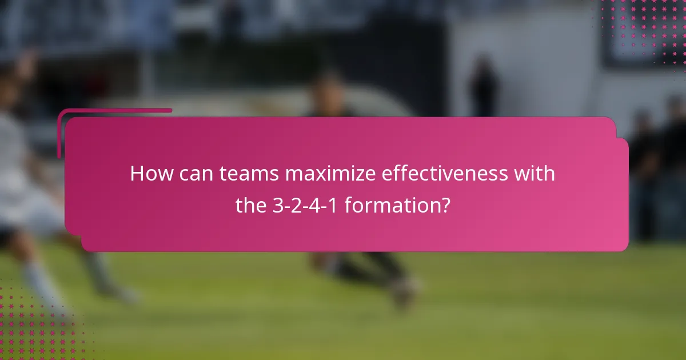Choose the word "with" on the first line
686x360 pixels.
pos(535,174)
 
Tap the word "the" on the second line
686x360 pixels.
pos(251,205)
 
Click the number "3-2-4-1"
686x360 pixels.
pos(306,205)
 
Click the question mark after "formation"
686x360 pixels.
pos(445,205)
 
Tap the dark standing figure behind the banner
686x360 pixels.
pos(483,86)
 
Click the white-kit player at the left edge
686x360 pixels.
pos(23,189)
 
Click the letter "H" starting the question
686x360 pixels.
pos(137,174)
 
